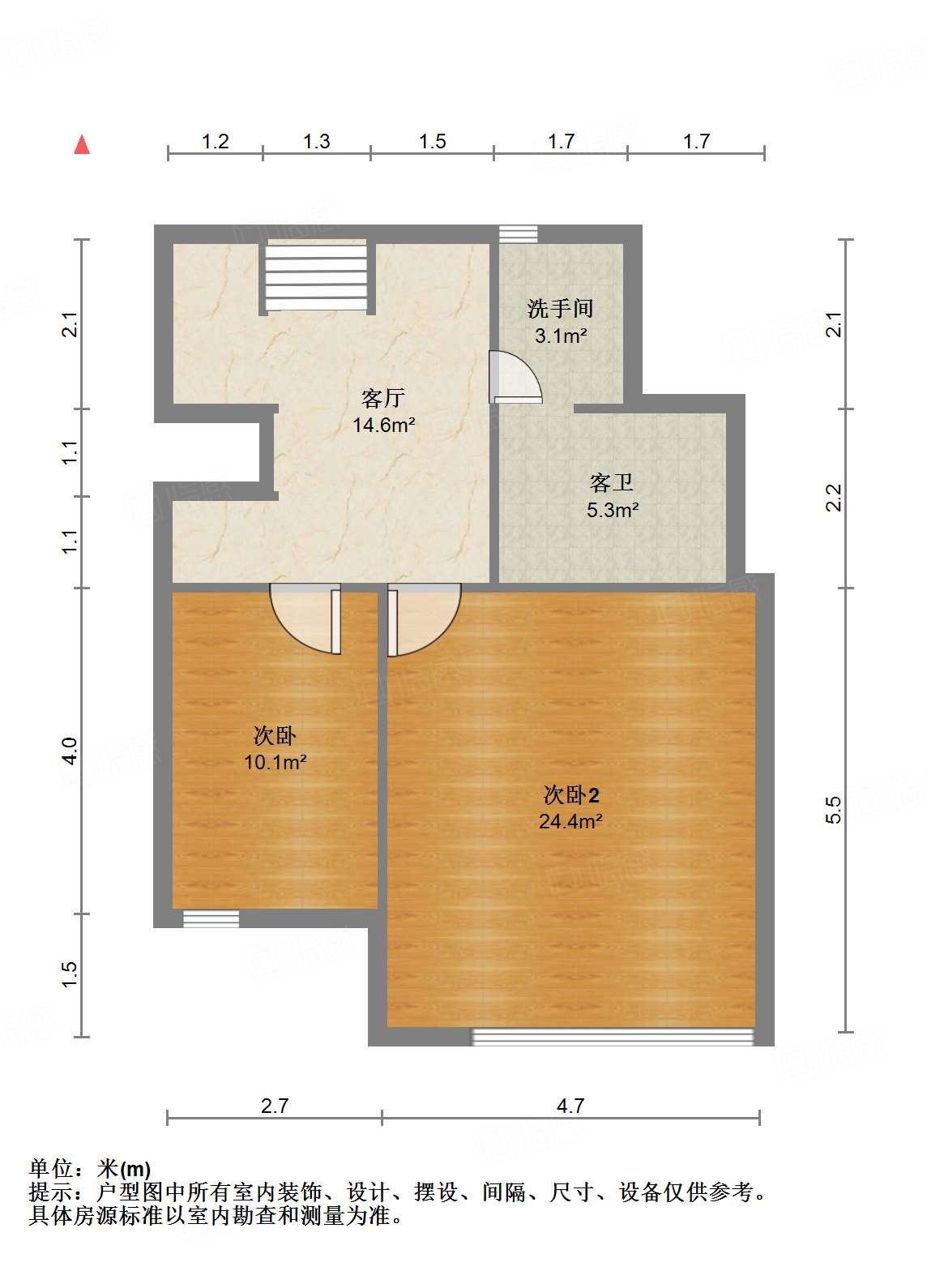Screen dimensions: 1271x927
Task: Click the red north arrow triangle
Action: [82, 145]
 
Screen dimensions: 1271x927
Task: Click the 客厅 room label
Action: [383, 398]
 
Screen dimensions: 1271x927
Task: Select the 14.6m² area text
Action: [384, 425]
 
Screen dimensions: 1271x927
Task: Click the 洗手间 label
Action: [560, 308]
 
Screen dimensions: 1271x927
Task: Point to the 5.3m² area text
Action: [613, 510]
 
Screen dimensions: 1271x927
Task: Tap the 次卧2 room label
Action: [571, 794]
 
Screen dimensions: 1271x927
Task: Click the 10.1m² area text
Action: [276, 762]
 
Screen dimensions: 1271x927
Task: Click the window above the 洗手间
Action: [519, 234]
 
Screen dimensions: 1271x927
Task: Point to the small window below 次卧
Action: [211, 919]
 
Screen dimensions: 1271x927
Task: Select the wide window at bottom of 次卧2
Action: [613, 1037]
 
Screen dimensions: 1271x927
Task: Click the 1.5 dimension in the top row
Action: [432, 142]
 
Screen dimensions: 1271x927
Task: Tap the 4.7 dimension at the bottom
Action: [570, 1106]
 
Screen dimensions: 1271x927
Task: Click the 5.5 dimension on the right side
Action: [834, 810]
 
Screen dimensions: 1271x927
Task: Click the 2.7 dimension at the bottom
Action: [275, 1106]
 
